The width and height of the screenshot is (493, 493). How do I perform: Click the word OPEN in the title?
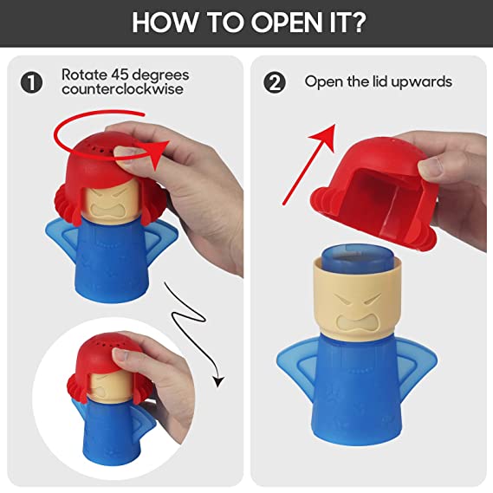point(286,23)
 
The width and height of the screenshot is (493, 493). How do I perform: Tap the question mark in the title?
point(358,22)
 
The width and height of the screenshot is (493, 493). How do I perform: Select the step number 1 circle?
point(31,82)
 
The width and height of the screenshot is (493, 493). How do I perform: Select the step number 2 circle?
point(275,82)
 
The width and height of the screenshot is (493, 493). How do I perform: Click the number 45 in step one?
point(120,75)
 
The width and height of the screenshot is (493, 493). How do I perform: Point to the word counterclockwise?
point(123,88)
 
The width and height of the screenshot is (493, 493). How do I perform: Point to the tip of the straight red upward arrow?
point(334,125)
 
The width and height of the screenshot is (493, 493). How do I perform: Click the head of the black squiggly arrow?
point(218,381)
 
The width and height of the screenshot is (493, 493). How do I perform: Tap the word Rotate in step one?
point(84,75)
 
